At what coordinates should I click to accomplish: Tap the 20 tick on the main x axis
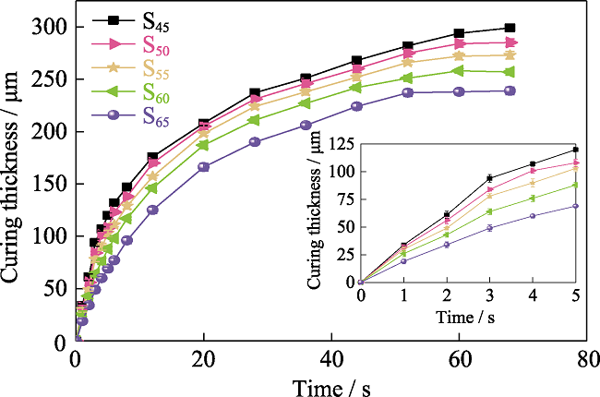[203, 357]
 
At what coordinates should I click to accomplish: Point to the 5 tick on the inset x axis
[575, 295]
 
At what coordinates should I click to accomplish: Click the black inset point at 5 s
[575, 150]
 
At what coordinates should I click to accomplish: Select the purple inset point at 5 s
[575, 206]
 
